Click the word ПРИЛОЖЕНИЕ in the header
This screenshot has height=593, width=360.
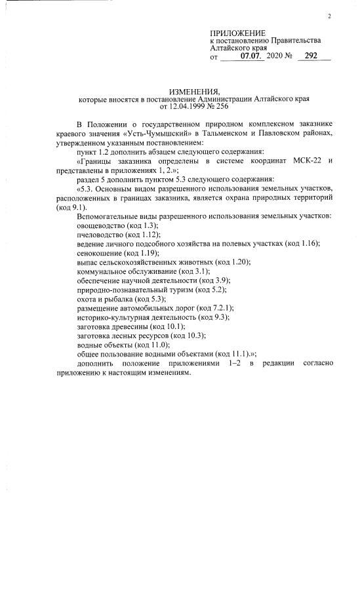[x=238, y=33]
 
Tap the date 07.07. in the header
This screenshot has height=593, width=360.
[x=252, y=56]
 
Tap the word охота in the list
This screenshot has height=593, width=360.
[x=87, y=298]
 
